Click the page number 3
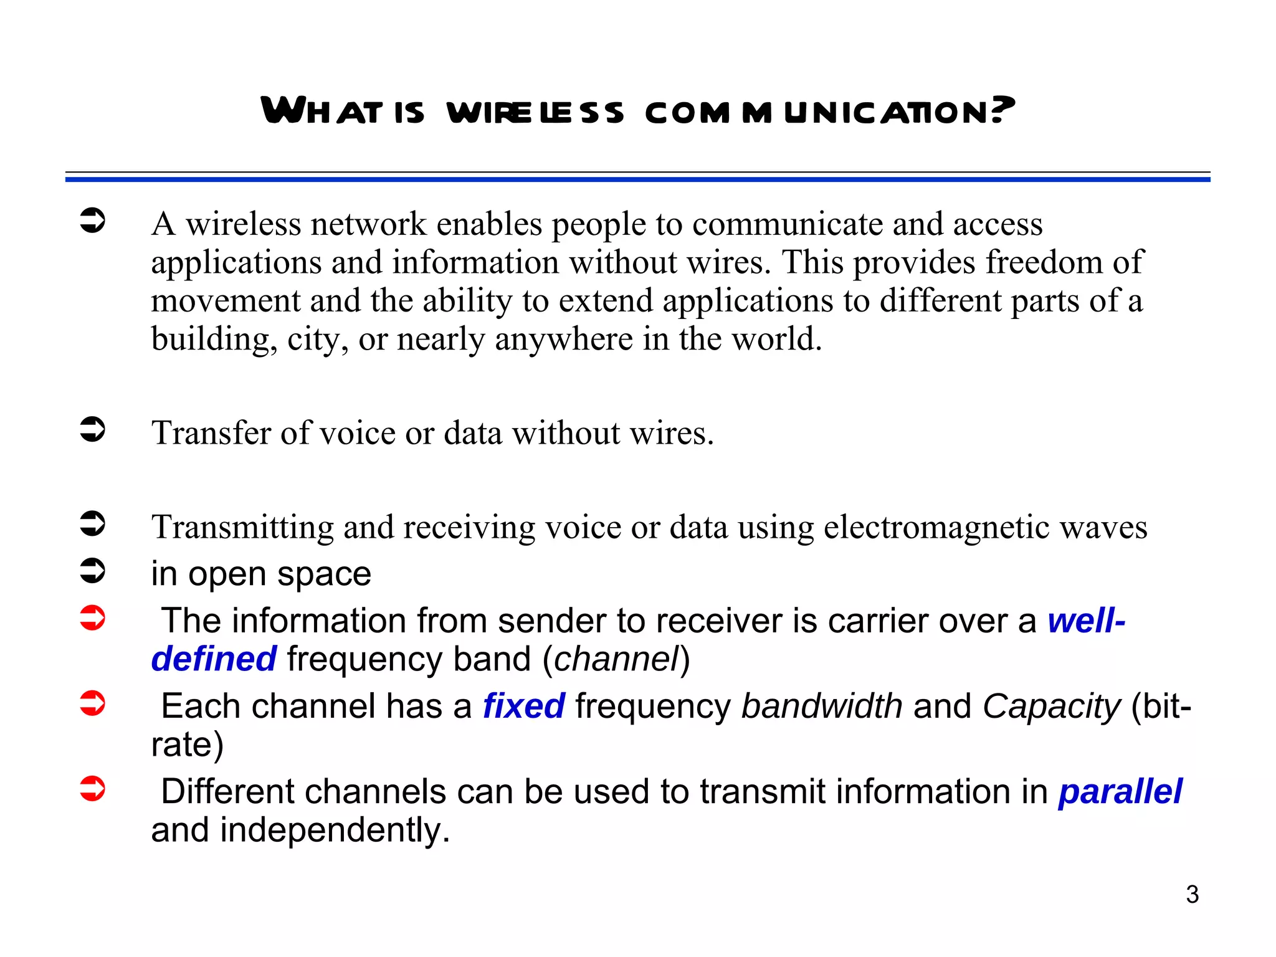coord(1192,895)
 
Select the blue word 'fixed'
coord(523,706)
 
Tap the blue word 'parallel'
coord(1120,791)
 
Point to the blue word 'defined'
coord(214,659)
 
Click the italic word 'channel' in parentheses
coord(616,659)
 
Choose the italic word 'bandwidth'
coord(821,706)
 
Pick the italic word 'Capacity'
coord(1051,707)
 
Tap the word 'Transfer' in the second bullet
coord(211,432)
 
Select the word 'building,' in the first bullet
coord(214,340)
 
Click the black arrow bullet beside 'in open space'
coord(93,570)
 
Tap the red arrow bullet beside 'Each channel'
coord(93,703)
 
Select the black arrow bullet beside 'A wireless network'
coord(93,221)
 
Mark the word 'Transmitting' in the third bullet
coord(242,527)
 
